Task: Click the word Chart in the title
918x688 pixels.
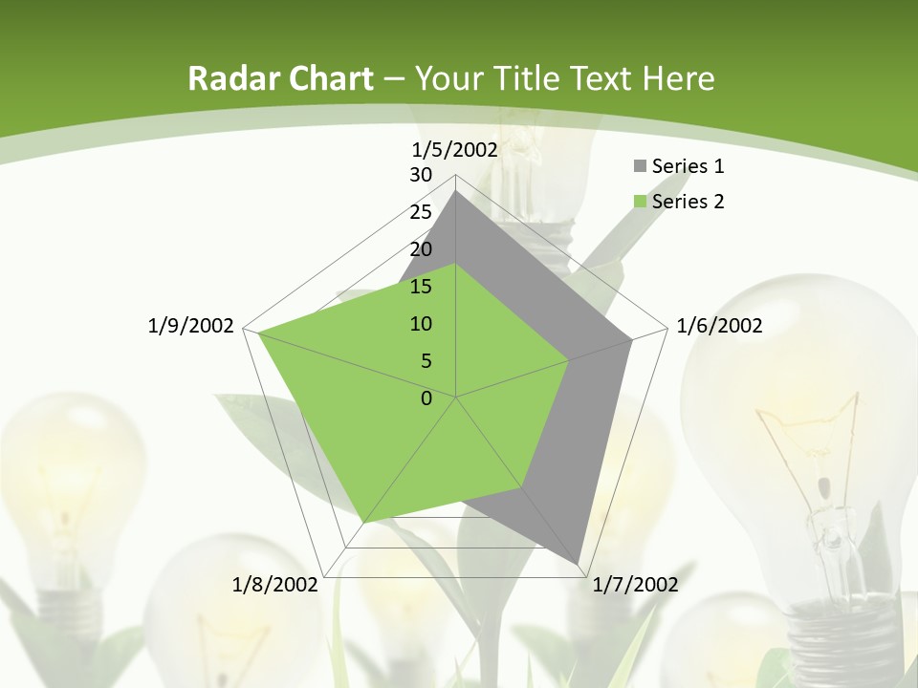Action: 325,78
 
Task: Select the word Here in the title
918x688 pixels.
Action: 679,78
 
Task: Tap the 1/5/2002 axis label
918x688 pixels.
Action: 455,149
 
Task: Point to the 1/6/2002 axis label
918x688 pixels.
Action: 719,326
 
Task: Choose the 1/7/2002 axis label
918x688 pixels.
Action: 635,585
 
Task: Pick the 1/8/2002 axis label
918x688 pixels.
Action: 274,585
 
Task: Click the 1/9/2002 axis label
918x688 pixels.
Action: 190,326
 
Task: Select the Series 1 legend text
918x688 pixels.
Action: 688,166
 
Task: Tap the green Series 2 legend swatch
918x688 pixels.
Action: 640,202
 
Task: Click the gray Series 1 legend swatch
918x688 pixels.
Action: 640,166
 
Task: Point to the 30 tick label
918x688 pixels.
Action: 421,175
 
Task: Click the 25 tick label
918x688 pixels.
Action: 421,212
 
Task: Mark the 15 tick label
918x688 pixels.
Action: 421,287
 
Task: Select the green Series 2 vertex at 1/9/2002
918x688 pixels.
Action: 258,333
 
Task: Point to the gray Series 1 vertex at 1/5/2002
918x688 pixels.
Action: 456,190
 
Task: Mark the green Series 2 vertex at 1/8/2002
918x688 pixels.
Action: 364,523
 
